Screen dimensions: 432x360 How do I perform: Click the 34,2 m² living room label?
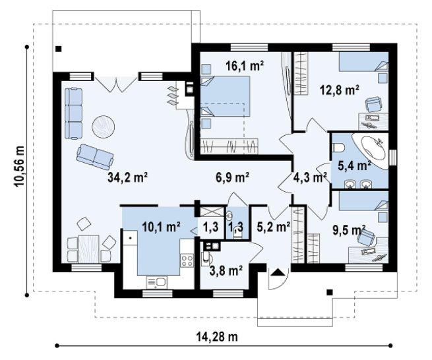[x=127, y=177]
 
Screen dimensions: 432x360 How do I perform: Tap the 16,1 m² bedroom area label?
[x=245, y=65]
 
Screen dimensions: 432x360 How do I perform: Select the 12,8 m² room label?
[x=340, y=90]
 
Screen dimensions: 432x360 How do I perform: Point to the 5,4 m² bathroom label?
[x=354, y=165]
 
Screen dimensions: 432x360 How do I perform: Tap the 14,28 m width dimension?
[x=217, y=336]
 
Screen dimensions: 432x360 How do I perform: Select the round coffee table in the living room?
[x=104, y=127]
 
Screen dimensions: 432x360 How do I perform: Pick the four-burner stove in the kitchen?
[x=187, y=260]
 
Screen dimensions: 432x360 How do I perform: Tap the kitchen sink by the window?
[x=156, y=282]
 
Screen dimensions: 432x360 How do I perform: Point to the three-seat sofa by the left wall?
[x=74, y=113]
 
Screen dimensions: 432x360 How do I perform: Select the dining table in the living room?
[x=89, y=249]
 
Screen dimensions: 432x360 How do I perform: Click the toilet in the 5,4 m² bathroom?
[x=338, y=148]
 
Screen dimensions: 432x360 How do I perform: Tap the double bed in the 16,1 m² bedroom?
[x=226, y=96]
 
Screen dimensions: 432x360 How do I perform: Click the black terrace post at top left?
[x=59, y=49]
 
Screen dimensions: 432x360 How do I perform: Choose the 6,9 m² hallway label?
[x=232, y=177]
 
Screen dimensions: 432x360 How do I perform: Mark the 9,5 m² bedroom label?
[x=349, y=231]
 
